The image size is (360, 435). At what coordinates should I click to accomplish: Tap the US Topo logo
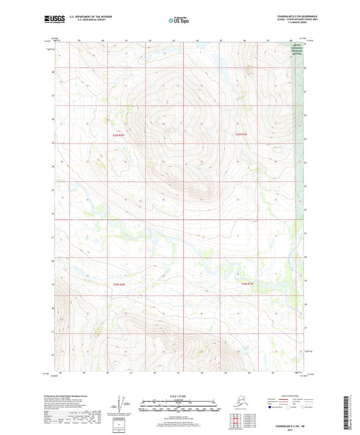pyautogui.click(x=180, y=20)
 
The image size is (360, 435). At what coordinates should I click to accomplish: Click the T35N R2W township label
pyautogui.click(x=118, y=135)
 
